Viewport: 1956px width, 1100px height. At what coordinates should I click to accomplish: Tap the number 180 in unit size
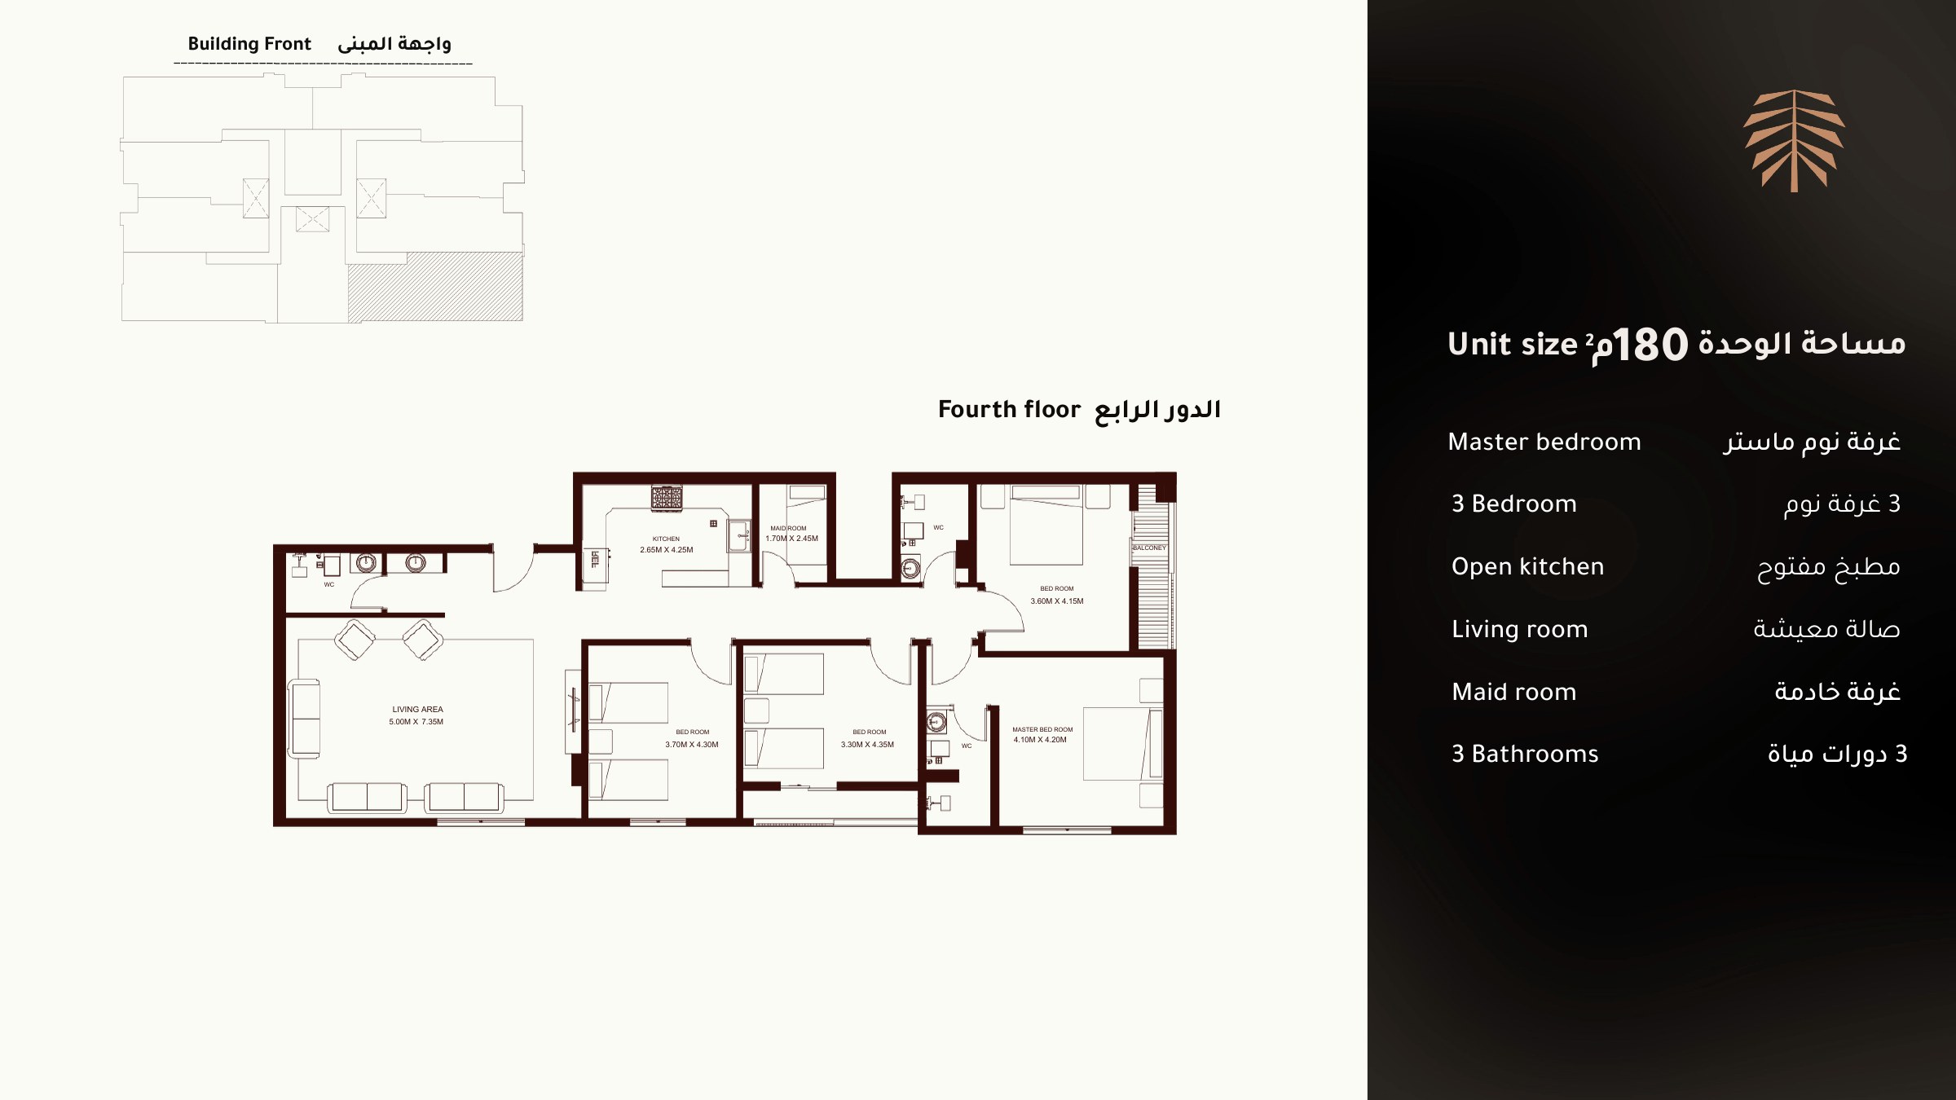pos(1650,345)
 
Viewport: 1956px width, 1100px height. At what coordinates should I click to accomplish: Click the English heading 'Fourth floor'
pos(1009,409)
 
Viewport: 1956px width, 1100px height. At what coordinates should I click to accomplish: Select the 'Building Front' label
pos(249,44)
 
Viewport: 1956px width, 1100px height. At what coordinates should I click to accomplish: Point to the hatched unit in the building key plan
pos(435,287)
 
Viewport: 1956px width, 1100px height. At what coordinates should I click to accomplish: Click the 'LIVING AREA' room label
pos(417,709)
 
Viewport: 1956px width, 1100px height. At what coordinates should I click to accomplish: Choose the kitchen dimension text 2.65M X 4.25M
pos(667,550)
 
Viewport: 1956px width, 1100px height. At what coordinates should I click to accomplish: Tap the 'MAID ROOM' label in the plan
pos(788,528)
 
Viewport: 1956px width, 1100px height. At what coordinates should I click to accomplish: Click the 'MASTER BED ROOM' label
pos(1042,730)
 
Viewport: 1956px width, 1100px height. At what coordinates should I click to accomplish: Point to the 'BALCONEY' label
pos(1149,548)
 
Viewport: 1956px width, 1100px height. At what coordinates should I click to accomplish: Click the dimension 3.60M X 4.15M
pos(1057,601)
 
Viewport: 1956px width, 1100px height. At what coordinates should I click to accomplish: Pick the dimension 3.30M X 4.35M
pos(867,745)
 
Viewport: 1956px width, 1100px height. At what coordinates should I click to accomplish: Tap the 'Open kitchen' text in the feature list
pos(1527,566)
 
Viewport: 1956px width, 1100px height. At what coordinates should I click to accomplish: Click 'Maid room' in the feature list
pos(1513,692)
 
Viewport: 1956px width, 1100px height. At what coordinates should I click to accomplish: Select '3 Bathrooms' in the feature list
pos(1525,754)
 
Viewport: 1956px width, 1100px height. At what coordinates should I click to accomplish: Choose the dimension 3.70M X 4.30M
pos(692,745)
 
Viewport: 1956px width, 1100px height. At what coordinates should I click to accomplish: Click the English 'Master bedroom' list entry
pos(1544,442)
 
